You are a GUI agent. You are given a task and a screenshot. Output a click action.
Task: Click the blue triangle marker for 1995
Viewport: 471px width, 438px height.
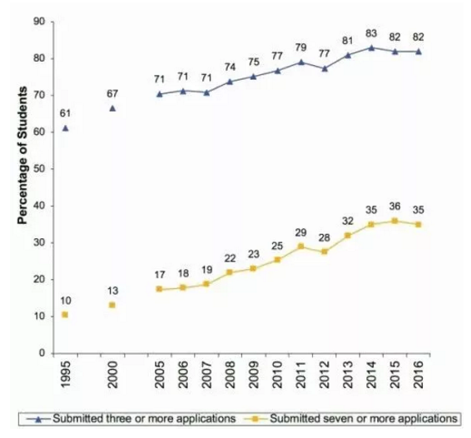coord(65,128)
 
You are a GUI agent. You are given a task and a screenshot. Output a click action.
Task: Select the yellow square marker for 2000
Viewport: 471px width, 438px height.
coord(112,306)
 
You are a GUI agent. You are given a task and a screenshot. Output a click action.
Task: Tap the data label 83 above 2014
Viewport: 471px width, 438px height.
coord(371,32)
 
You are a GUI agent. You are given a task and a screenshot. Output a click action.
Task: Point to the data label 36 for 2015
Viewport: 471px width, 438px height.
coord(394,207)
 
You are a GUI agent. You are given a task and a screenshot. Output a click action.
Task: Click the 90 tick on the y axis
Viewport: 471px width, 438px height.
coord(38,22)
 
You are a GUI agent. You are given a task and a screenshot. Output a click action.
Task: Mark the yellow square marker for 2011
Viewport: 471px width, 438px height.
coord(301,246)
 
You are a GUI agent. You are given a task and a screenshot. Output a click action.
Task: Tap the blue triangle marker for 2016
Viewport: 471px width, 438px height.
coord(419,52)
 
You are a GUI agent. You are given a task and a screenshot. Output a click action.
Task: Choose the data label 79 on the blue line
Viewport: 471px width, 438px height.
coord(301,47)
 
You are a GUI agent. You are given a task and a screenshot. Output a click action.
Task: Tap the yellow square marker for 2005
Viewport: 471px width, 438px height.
coord(160,289)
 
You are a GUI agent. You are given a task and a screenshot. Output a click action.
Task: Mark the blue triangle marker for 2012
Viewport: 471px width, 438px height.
coord(325,68)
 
